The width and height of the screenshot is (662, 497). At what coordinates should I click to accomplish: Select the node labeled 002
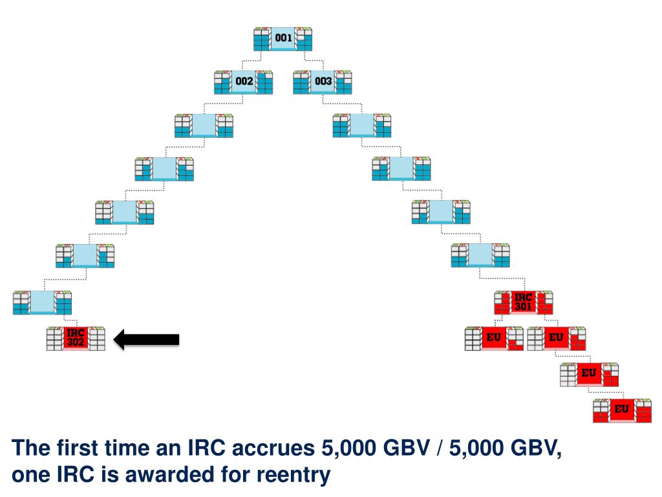(243, 82)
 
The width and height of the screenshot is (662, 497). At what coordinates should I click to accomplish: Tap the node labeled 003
(323, 82)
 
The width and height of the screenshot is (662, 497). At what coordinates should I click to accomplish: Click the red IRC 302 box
(76, 338)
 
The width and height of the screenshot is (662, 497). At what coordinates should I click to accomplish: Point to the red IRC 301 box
(523, 302)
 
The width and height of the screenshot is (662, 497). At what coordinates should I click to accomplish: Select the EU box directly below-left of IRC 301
(495, 338)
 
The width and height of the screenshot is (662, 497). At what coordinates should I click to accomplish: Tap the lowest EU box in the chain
(622, 410)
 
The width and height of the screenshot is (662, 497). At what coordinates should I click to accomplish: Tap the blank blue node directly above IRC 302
(42, 302)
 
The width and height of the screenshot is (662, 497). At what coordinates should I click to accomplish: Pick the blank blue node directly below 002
(204, 125)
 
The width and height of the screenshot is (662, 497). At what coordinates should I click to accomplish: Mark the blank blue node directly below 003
(362, 125)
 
